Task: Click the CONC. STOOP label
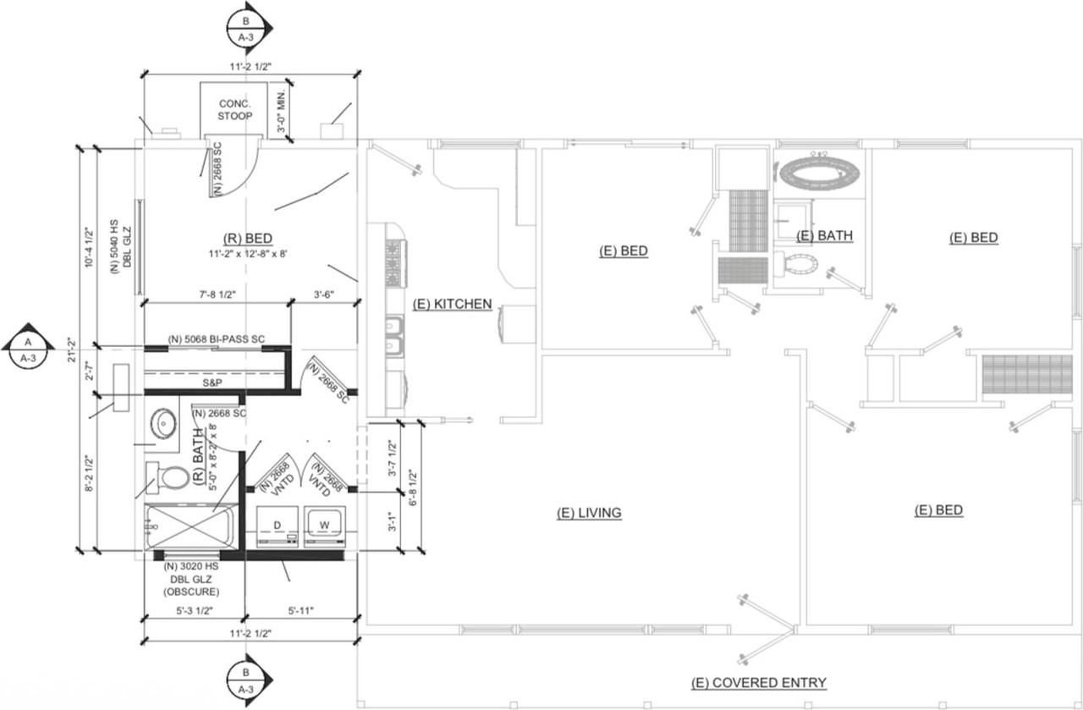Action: pyautogui.click(x=234, y=110)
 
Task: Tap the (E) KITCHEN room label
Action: pyautogui.click(x=452, y=304)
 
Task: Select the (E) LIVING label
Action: pyautogui.click(x=589, y=513)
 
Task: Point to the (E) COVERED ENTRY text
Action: pyautogui.click(x=758, y=683)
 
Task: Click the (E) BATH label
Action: pyautogui.click(x=824, y=236)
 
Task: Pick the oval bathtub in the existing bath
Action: pyautogui.click(x=820, y=174)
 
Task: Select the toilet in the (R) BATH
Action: pyautogui.click(x=168, y=476)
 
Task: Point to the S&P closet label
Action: pyautogui.click(x=212, y=383)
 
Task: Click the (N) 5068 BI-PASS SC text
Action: pyautogui.click(x=217, y=339)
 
